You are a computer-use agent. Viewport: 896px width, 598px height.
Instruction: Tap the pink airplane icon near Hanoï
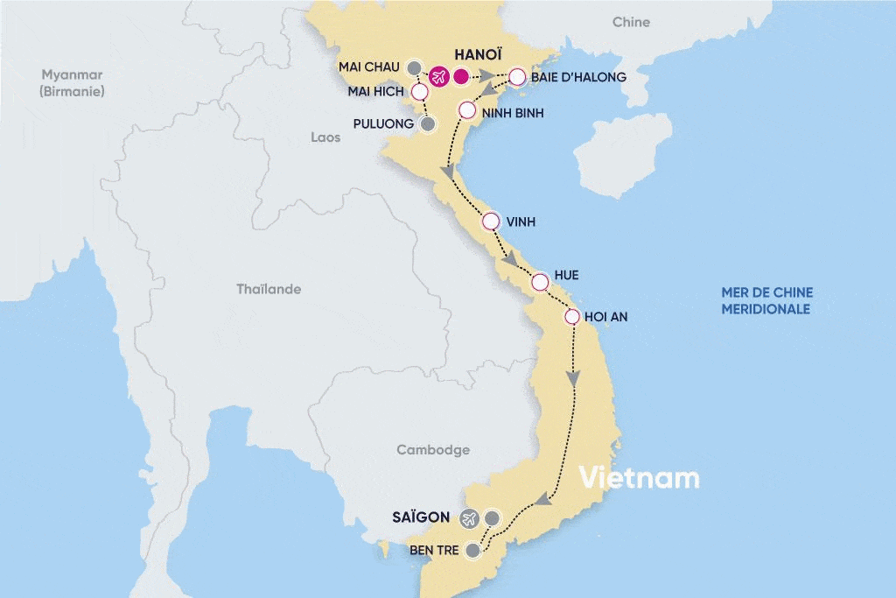[x=439, y=77]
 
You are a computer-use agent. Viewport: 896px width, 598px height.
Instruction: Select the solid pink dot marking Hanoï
[x=462, y=77]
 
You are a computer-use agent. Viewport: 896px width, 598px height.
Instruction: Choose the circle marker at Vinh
[x=490, y=222]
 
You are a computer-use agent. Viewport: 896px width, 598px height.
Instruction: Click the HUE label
[x=566, y=275]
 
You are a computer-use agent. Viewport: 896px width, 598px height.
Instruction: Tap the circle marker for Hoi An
[x=572, y=317]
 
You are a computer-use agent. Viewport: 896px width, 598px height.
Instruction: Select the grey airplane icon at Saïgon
[x=469, y=518]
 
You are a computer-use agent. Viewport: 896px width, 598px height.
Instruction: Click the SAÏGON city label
[x=421, y=517]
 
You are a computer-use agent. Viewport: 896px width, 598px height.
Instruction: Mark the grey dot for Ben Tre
[x=473, y=551]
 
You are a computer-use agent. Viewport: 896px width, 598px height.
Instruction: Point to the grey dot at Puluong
[x=428, y=124]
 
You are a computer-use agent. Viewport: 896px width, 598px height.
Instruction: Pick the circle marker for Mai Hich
[x=420, y=92]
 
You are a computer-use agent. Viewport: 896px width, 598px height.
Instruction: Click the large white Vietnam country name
[x=640, y=478]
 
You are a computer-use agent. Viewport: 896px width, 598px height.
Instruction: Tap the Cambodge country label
[x=433, y=450]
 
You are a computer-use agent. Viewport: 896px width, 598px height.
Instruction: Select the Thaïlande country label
[x=269, y=289]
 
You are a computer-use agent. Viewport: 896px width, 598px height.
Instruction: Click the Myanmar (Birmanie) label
[x=73, y=82]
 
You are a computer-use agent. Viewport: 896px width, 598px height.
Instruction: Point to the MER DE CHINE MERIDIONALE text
[x=766, y=300]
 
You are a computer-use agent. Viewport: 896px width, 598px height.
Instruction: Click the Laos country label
[x=325, y=137]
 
